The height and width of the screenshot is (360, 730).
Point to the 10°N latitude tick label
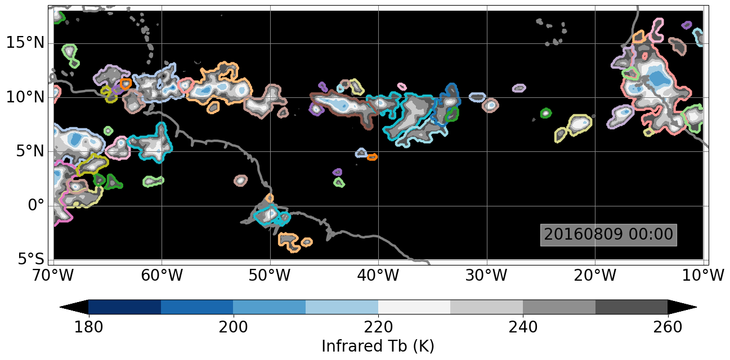point(25,97)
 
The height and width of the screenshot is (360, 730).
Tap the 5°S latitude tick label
point(28,259)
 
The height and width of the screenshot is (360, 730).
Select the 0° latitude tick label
point(35,205)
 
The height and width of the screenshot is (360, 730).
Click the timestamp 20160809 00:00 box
point(608,235)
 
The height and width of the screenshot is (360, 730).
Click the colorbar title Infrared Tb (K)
point(378,345)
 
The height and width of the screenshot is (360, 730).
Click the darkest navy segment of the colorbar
point(124,307)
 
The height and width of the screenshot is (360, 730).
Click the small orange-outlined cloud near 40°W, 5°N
point(372,157)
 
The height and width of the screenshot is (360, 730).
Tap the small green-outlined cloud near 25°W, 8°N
point(545,113)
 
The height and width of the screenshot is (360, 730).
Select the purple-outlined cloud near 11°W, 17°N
point(687,25)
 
